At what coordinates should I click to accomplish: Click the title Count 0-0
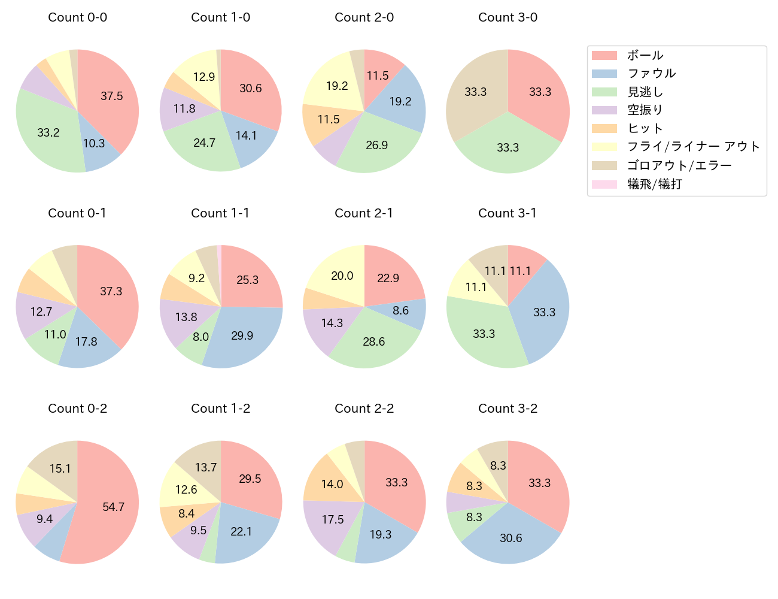click(x=78, y=17)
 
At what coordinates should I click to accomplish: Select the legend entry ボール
click(x=645, y=55)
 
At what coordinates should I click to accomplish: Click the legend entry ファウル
click(x=651, y=74)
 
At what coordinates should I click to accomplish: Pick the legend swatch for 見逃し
click(x=604, y=92)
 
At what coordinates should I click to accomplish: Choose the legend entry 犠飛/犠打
click(x=654, y=184)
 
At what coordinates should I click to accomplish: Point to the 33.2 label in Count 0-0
click(x=48, y=132)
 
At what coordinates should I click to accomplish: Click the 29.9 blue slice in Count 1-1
click(x=242, y=335)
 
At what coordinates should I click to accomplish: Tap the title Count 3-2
click(x=507, y=409)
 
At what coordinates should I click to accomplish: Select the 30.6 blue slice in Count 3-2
click(x=511, y=538)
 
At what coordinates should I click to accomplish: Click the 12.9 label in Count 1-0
click(x=204, y=77)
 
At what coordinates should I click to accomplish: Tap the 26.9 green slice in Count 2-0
click(x=377, y=146)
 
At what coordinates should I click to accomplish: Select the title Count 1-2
click(x=220, y=409)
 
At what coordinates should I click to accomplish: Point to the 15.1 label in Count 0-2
click(x=60, y=468)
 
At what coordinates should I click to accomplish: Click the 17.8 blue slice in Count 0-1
click(x=87, y=341)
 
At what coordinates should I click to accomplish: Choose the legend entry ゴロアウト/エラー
click(x=679, y=166)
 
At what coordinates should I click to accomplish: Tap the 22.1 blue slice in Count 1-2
click(x=242, y=531)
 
